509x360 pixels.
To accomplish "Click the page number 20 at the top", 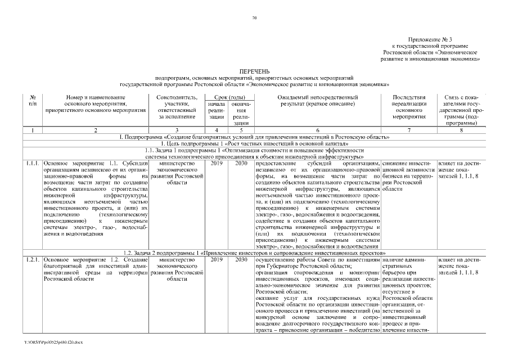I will click(x=254, y=18).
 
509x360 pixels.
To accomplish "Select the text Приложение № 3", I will click(x=448, y=39).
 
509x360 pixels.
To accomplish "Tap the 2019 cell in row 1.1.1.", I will click(x=217, y=163).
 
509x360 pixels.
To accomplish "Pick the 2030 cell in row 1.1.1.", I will click(x=241, y=163).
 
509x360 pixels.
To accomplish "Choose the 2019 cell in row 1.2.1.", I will click(x=217, y=259).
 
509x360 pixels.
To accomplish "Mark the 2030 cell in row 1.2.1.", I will click(x=241, y=259).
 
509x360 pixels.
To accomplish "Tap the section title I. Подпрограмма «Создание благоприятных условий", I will click(x=254, y=137).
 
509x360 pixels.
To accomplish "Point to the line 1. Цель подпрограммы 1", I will click(x=254, y=143).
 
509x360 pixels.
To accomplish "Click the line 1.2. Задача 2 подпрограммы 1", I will click(x=254, y=253).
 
